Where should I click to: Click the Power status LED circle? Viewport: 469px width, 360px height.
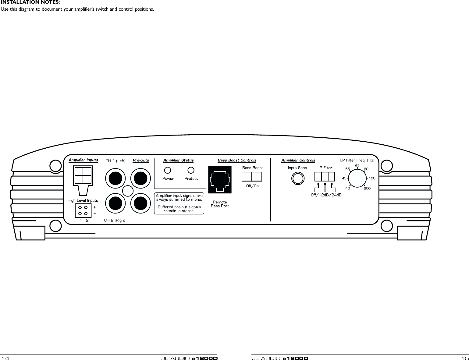pos(167,170)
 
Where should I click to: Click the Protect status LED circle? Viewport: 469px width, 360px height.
pos(191,170)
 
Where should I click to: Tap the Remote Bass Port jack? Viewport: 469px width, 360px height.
pos(220,180)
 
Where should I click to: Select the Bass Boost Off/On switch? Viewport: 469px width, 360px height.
pos(252,177)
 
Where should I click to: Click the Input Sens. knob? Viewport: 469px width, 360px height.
pos(298,178)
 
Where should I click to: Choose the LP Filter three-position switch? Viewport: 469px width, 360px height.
pos(325,177)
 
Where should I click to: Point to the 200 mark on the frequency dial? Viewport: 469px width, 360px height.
pos(367,189)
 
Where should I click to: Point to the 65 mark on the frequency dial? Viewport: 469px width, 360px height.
pos(357,165)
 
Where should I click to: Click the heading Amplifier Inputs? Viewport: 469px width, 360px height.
pos(83,160)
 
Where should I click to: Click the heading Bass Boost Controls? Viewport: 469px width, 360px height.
pos(237,160)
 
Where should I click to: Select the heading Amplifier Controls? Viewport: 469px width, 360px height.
pos(298,160)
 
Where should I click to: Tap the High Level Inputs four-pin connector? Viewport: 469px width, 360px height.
pos(83,210)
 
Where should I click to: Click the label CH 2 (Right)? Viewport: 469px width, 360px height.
pos(115,220)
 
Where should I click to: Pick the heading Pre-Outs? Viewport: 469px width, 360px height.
pos(141,160)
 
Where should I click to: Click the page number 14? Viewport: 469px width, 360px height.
pos(5,358)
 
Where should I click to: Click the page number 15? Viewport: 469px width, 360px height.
pos(465,358)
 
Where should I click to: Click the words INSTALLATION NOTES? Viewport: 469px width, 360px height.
pos(30,2)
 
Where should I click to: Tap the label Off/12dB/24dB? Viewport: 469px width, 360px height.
pos(326,195)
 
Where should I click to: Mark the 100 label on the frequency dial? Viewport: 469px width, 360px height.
pos(372,178)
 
